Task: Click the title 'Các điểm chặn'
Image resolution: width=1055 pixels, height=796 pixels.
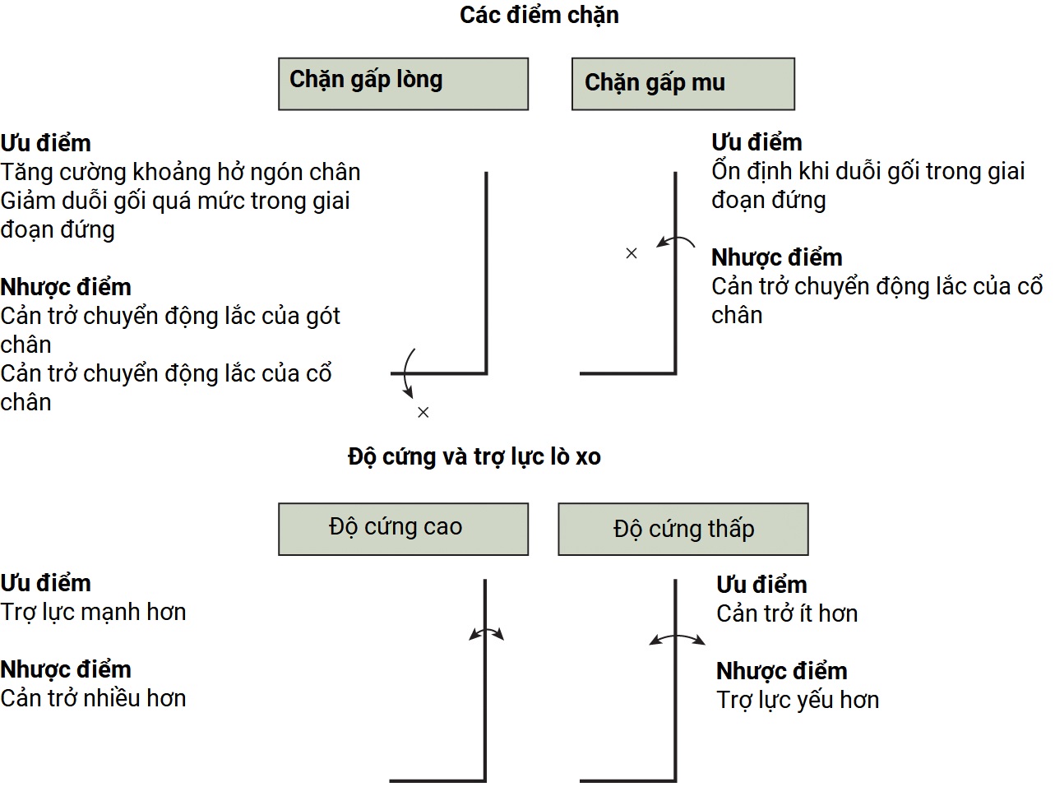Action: tap(539, 16)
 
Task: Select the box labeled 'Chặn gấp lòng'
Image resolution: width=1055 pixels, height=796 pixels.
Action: tap(403, 83)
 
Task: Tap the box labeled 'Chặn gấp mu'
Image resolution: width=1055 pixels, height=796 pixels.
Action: tap(683, 83)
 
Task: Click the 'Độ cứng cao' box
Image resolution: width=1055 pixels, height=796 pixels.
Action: tap(403, 528)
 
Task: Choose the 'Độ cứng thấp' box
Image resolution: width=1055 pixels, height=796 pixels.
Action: tap(683, 529)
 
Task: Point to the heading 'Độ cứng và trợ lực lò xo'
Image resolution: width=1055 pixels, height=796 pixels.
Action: tap(474, 457)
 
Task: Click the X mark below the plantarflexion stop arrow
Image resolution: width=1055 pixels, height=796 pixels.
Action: tap(423, 412)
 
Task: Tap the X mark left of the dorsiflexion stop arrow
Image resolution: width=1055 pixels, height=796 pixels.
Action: tap(632, 253)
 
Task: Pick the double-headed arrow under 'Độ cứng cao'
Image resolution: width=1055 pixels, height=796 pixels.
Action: tap(486, 633)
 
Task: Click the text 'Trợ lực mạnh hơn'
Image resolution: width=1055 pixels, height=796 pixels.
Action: tap(93, 613)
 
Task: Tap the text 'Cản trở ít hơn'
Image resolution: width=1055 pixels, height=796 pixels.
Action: tap(786, 613)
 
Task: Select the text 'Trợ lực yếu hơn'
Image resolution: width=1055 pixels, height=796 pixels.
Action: tap(797, 700)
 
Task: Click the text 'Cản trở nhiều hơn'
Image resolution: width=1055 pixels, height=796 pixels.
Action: tap(93, 698)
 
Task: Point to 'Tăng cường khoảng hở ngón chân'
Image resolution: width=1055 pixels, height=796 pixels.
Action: tap(180, 172)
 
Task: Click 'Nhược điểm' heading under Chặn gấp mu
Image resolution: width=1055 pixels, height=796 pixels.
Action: tap(776, 257)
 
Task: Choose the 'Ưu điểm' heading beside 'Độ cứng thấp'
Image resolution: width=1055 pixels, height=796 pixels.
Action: tap(761, 585)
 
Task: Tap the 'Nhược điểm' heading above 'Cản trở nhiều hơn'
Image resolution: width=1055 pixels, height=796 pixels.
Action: tap(66, 669)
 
